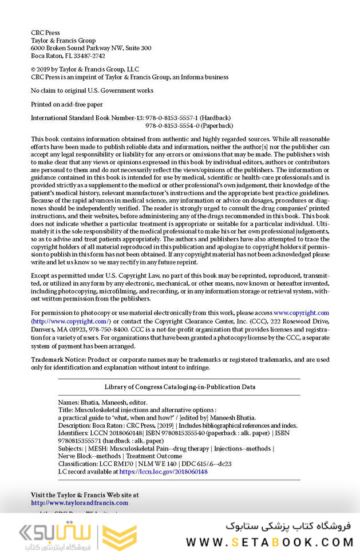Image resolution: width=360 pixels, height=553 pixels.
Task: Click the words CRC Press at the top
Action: coord(45,33)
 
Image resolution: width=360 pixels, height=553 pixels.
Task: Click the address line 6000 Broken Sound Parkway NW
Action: coord(91,49)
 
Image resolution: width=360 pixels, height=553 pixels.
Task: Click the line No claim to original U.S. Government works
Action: coord(92,90)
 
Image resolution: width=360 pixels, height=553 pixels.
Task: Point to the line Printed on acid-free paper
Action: coord(66,104)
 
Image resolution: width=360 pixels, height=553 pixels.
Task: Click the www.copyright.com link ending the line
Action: coord(301,313)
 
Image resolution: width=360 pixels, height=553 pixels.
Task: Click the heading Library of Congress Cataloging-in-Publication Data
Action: coord(180,387)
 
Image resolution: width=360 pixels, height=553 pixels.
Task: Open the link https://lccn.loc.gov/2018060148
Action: coord(163,472)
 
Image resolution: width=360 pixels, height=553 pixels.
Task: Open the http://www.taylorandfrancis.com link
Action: coord(80,503)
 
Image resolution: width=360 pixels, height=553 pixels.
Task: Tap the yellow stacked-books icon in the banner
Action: coord(123,536)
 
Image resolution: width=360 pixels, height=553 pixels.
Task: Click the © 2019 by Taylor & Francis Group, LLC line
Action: coord(85,69)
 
